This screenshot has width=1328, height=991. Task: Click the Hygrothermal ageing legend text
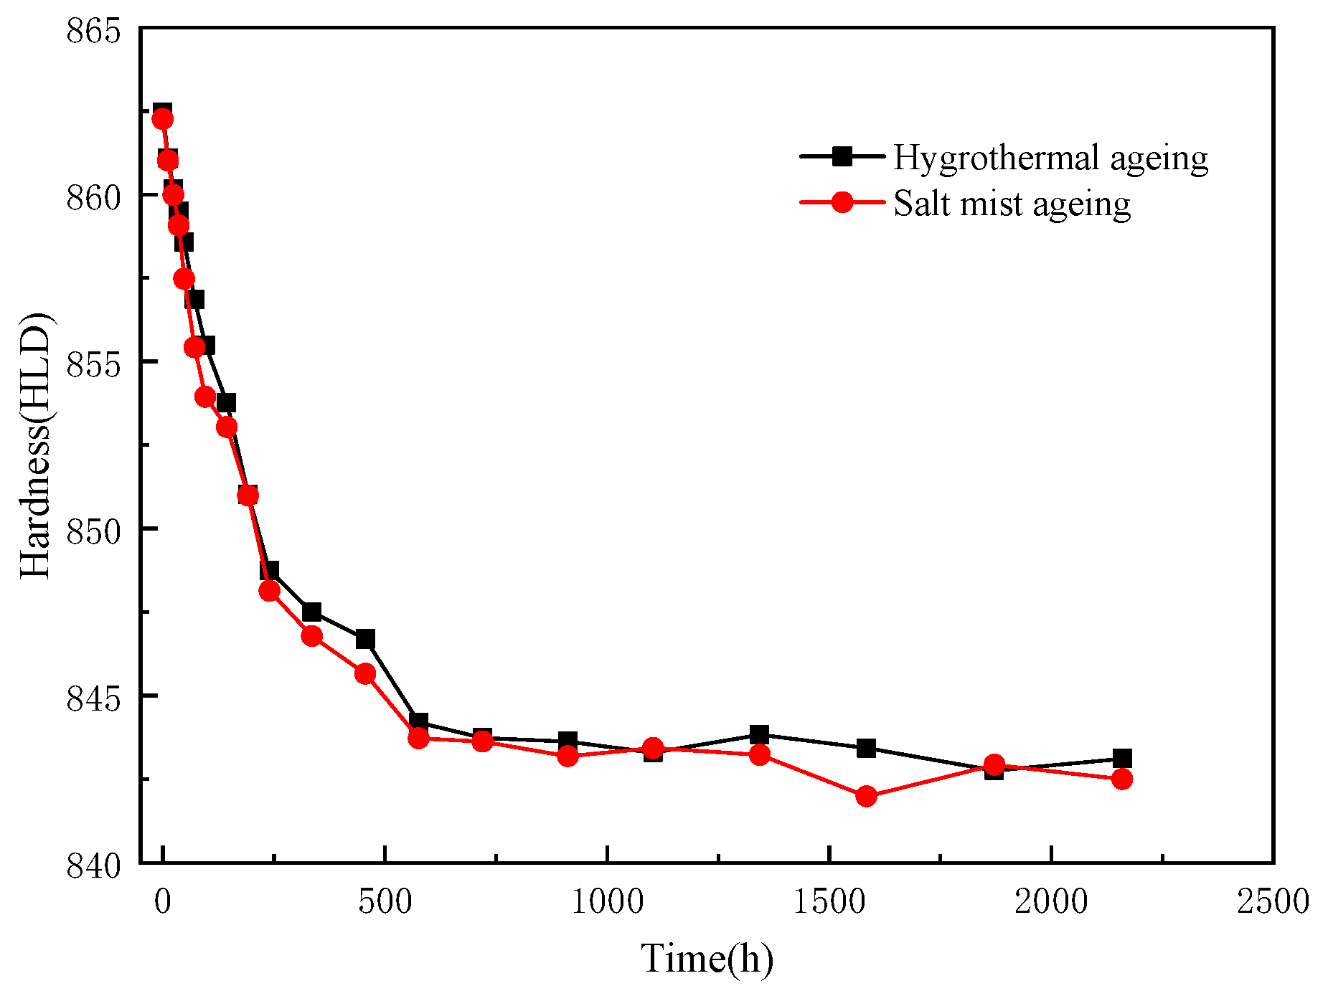1050,158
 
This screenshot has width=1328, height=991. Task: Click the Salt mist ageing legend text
1012,204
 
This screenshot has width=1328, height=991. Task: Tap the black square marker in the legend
842,156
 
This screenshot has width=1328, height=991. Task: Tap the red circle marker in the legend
842,202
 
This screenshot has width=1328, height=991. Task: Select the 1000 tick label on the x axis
607,901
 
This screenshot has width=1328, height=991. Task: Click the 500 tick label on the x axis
385,901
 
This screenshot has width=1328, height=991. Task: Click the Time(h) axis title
707,959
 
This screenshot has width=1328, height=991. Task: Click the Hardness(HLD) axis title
36,445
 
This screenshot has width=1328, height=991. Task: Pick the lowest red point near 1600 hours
866,796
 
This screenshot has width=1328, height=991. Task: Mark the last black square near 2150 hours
1122,758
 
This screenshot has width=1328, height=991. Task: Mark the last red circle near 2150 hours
1122,779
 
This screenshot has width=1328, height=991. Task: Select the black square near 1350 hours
760,734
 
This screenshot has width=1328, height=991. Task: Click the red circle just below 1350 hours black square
760,754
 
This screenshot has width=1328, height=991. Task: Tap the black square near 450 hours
365,639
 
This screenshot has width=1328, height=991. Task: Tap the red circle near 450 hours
365,673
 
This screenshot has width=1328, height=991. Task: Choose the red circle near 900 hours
568,756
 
